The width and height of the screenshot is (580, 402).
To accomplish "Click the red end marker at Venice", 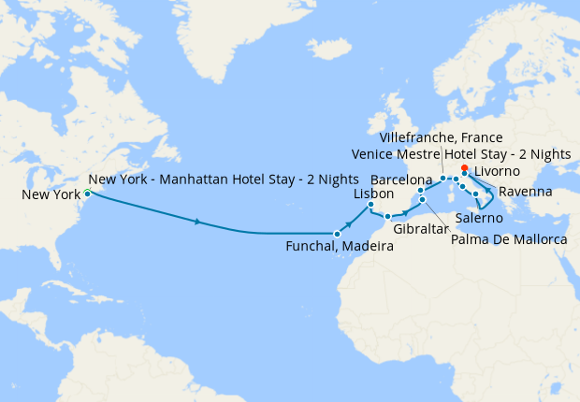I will click(465, 168).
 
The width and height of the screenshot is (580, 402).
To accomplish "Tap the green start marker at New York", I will click(87, 193).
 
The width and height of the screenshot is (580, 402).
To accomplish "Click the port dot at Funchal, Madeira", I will click(337, 233).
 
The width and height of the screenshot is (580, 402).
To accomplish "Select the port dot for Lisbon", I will click(370, 205).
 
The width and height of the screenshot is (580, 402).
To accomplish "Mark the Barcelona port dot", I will click(421, 191).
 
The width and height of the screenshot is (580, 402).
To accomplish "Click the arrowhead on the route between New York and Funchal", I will click(198, 222).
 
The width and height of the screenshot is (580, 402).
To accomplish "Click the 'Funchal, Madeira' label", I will click(340, 247).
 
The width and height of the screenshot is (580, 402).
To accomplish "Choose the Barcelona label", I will click(401, 178).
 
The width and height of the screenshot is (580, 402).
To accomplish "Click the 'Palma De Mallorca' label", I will click(509, 240).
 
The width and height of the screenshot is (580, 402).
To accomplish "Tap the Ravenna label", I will click(525, 193).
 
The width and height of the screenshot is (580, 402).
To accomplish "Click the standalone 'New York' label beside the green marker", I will click(50, 195).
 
